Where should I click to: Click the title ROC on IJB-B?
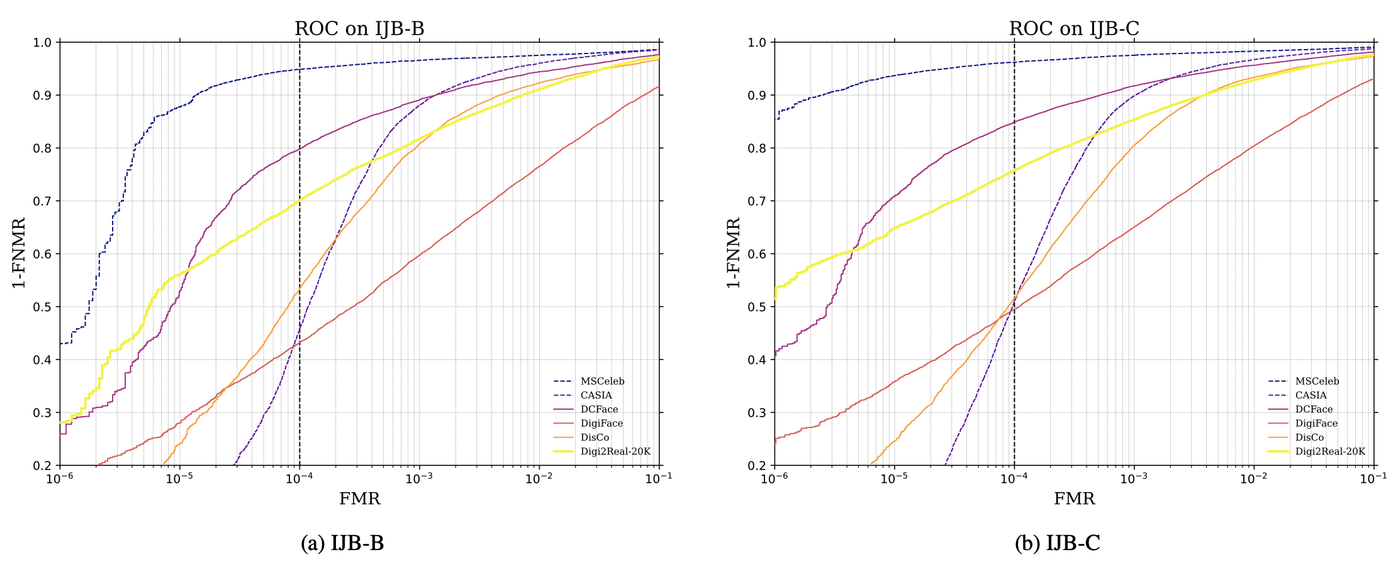point(359,29)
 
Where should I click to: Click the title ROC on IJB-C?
point(1074,29)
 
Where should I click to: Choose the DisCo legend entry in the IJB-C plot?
point(1309,437)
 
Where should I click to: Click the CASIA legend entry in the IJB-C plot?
point(1311,395)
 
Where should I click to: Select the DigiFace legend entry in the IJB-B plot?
point(601,424)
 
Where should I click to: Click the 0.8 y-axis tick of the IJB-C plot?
point(758,149)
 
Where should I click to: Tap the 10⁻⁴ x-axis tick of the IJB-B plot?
point(299,478)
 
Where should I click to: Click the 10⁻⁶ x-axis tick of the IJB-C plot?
point(774,478)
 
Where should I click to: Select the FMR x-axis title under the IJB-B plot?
point(359,499)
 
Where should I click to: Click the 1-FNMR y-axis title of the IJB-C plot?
point(734,253)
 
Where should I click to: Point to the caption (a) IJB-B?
point(342,543)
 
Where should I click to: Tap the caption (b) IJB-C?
point(1057,543)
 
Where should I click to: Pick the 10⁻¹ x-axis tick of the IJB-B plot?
point(659,478)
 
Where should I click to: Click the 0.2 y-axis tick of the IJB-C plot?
point(758,466)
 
